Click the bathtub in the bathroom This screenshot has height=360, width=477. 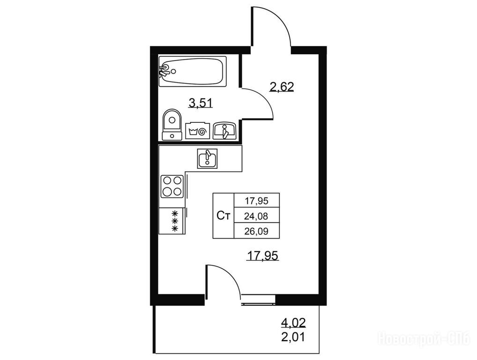point(193,71)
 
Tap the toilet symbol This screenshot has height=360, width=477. point(172,125)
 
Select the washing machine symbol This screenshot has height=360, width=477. point(198,131)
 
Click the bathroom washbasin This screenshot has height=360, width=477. point(224,131)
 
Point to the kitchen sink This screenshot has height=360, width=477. point(208,158)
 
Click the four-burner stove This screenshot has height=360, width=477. point(172,186)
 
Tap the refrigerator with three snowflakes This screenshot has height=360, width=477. point(172,221)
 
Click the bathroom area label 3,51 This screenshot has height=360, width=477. point(201,103)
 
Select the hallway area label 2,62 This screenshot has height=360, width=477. point(282,87)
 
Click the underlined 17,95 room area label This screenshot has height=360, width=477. point(262,256)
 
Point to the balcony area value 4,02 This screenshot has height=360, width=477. point(293,322)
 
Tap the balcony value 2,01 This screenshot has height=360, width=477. point(293,337)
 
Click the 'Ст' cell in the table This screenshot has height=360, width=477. point(224,216)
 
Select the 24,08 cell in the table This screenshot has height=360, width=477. point(256,216)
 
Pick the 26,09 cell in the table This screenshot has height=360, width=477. point(256,231)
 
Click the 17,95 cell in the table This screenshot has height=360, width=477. point(256,201)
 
